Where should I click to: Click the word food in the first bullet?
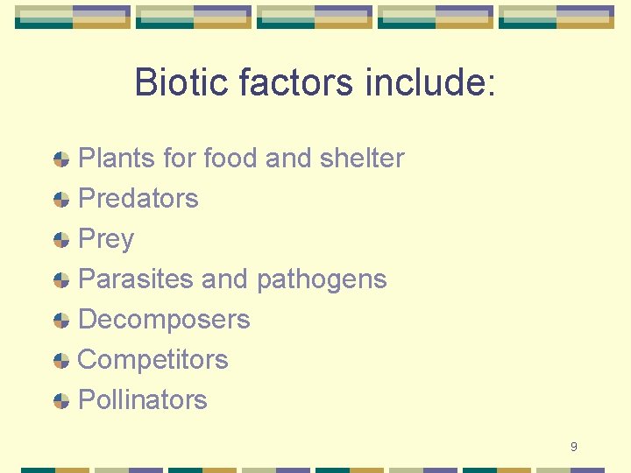(x=231, y=159)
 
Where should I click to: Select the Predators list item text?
(x=138, y=199)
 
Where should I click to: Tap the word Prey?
(x=106, y=239)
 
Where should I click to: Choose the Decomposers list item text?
(x=164, y=320)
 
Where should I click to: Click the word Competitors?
(x=153, y=360)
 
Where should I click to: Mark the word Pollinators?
(x=143, y=400)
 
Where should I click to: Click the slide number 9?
(x=573, y=447)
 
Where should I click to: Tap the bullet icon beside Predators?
(x=61, y=200)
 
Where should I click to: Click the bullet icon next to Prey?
(x=61, y=240)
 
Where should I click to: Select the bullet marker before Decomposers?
(x=61, y=321)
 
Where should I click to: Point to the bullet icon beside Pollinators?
(x=61, y=401)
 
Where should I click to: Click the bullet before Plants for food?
(x=61, y=159)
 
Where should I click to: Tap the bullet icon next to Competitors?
(x=61, y=361)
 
